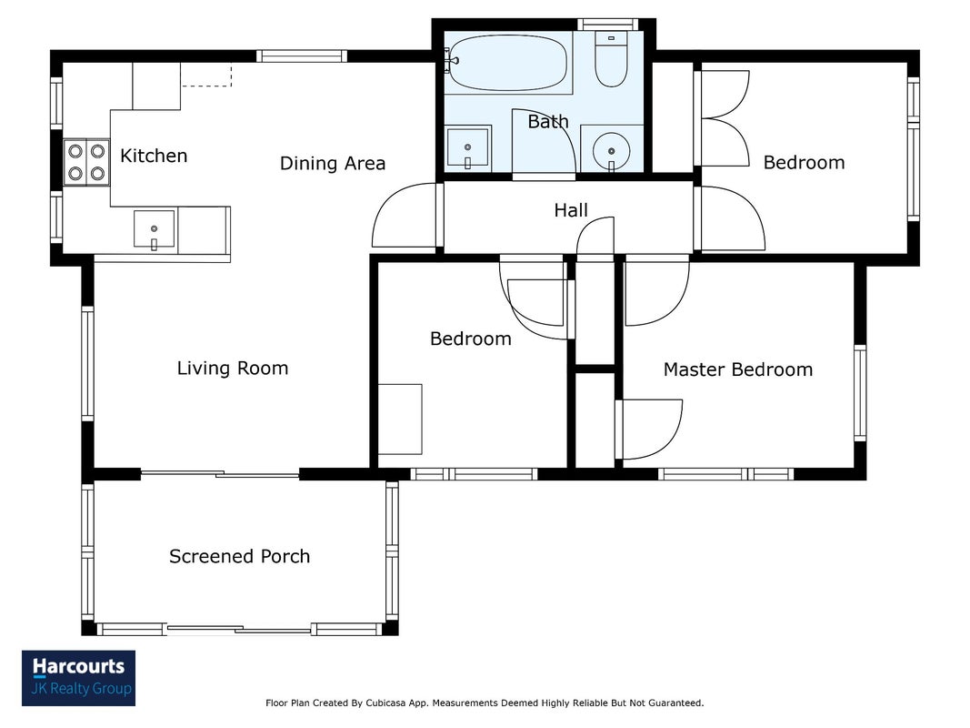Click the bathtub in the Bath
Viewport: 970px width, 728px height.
point(507,62)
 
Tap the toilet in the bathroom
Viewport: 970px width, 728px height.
point(611,59)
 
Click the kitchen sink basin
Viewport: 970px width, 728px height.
point(154,229)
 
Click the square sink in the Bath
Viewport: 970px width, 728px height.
point(467,147)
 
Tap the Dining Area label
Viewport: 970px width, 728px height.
point(333,164)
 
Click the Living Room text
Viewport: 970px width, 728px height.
point(233,369)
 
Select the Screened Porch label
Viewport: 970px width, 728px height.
point(239,557)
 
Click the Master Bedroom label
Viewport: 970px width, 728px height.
point(738,369)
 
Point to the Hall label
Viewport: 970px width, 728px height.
point(571,210)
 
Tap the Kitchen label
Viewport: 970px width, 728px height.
point(154,156)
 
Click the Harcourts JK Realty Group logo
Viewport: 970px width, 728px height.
point(78,678)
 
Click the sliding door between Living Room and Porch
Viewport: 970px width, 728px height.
point(220,475)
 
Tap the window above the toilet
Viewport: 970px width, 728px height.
point(608,25)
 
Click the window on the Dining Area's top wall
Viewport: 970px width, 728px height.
point(301,56)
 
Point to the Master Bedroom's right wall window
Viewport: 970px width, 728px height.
point(860,392)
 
